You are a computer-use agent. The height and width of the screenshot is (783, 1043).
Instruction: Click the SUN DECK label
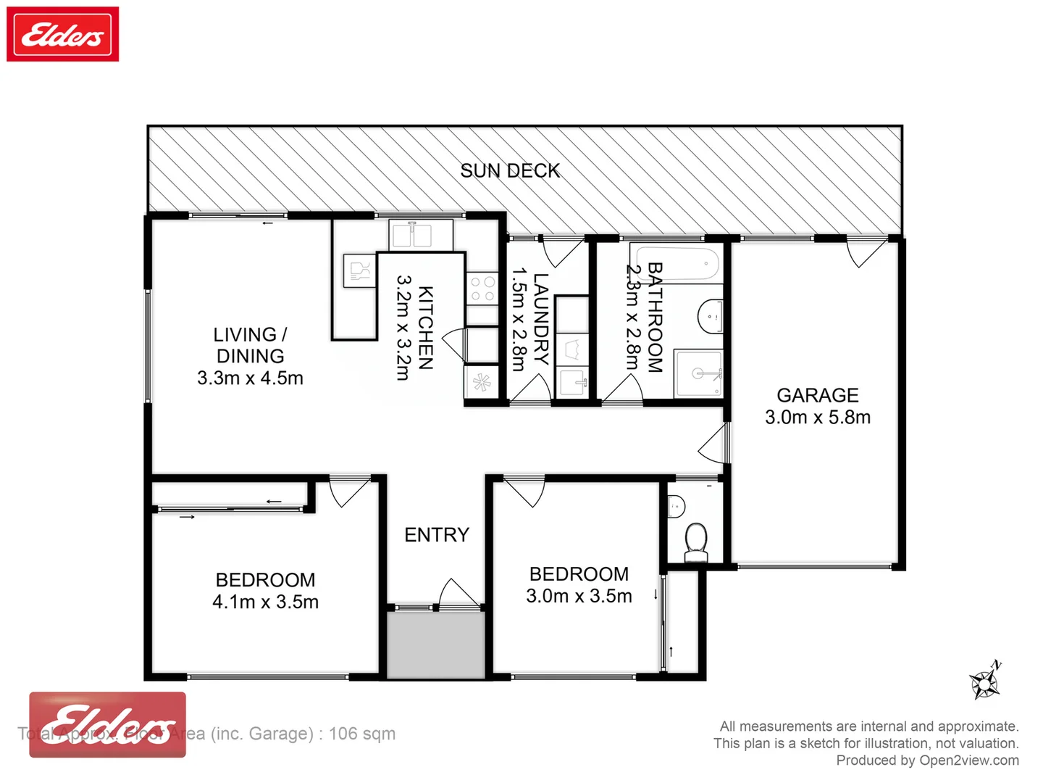coord(510,171)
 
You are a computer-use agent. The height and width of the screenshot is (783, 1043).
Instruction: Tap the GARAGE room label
coord(817,395)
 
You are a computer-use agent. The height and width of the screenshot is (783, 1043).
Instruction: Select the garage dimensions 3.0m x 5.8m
coord(817,418)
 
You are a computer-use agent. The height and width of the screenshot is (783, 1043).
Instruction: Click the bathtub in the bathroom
coord(677,265)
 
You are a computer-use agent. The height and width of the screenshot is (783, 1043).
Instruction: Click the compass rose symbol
coord(985,681)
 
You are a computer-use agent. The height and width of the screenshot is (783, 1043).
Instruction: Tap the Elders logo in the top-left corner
coord(63,34)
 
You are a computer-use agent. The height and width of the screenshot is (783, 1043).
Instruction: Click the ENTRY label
coord(436,535)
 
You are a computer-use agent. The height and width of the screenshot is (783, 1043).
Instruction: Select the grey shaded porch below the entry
coord(435,645)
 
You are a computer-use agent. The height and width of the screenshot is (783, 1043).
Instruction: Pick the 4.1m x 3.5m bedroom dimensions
coord(265,602)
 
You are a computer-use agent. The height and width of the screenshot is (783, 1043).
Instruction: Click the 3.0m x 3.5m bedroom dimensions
coord(579,596)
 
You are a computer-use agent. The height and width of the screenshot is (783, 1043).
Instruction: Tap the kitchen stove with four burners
coord(482,289)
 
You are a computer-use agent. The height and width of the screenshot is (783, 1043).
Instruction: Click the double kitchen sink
coord(411,235)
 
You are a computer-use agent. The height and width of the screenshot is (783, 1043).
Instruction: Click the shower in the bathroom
coord(698,373)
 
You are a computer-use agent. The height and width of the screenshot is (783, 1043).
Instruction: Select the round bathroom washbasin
coord(710,317)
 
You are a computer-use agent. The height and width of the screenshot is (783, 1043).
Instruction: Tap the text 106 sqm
coord(362,734)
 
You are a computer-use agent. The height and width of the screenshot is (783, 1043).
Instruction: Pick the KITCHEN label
coord(426,328)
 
